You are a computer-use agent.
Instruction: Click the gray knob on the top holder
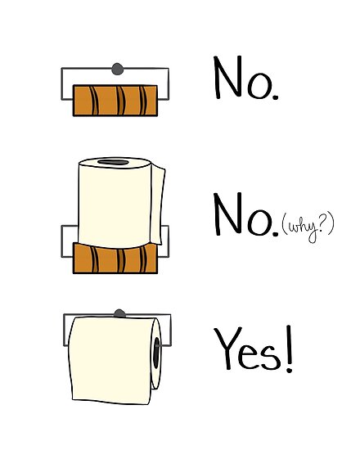(117, 68)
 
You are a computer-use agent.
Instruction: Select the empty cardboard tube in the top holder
(115, 100)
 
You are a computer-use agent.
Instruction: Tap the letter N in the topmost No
(228, 79)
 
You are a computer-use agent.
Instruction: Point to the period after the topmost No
(275, 97)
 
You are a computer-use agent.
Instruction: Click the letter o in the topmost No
(259, 86)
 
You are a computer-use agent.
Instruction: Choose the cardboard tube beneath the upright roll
(115, 258)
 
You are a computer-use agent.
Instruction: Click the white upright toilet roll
(115, 200)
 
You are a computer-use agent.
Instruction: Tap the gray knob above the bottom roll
(120, 313)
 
